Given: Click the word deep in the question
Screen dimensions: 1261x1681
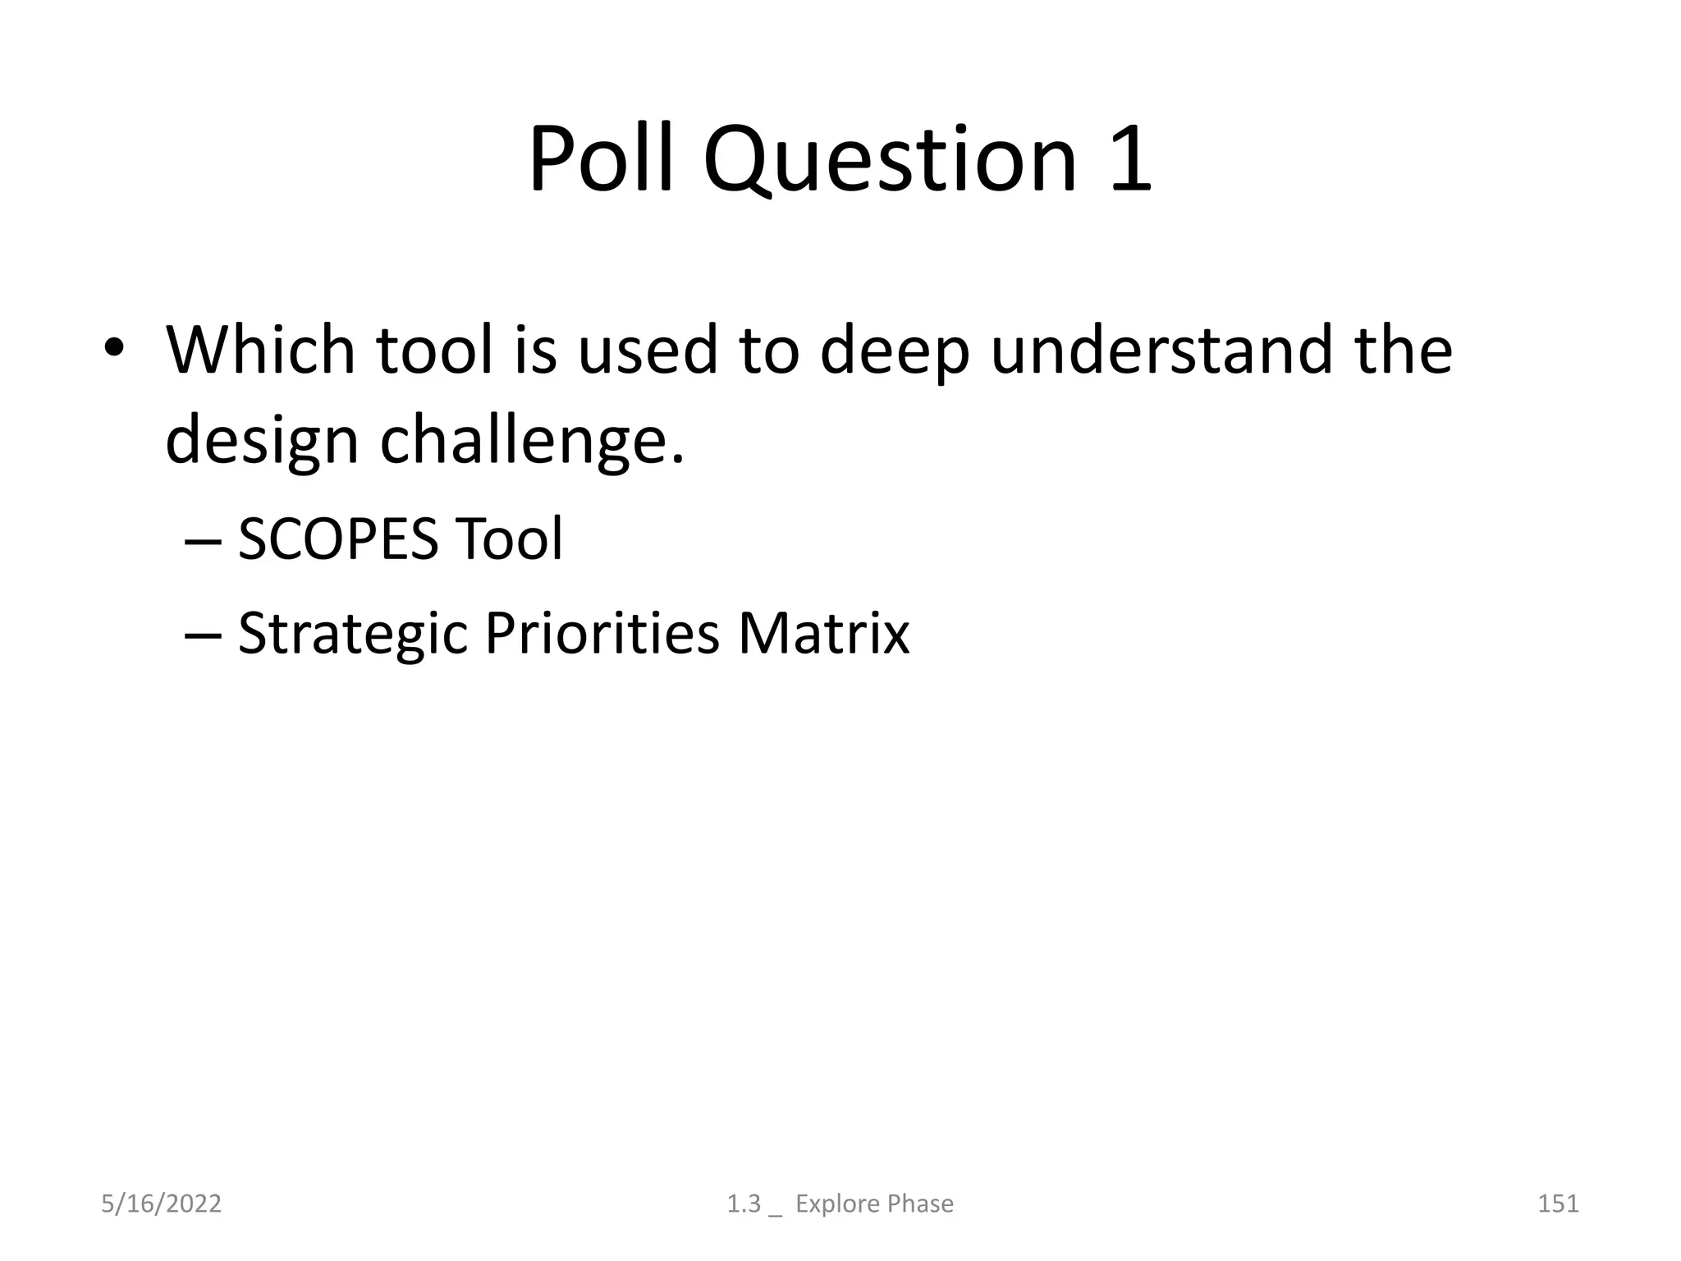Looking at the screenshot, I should (x=895, y=351).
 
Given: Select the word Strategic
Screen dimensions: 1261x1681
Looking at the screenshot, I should (x=352, y=634).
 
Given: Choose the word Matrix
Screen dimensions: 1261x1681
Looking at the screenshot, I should (x=823, y=634).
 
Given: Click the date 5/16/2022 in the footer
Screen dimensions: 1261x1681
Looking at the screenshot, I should (x=161, y=1204).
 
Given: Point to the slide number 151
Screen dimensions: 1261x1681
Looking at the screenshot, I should (x=1558, y=1204).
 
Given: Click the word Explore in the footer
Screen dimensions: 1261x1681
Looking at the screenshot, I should (x=830, y=1204).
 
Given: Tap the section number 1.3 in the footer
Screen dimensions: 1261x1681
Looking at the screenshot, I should (x=744, y=1204).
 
